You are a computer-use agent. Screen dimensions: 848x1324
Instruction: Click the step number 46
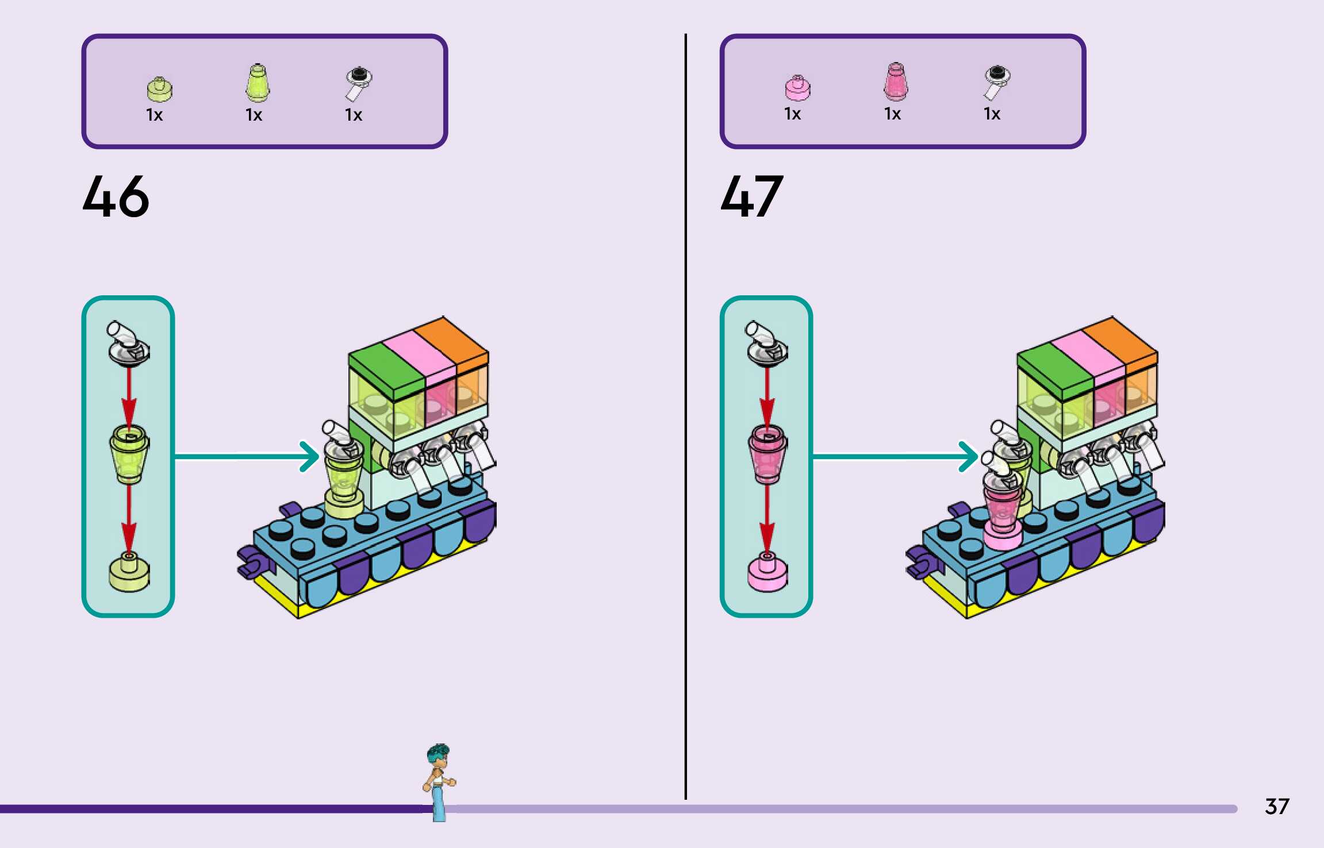(116, 196)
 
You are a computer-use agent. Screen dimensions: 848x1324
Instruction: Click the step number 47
(751, 196)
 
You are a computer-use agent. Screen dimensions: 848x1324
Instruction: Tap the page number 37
(1276, 806)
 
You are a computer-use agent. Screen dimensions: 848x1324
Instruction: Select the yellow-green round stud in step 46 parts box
(159, 89)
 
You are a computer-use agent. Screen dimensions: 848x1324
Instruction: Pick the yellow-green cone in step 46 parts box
(257, 83)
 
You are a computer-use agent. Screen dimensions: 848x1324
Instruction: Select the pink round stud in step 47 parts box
(797, 88)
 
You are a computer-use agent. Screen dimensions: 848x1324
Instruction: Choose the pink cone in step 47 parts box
(895, 82)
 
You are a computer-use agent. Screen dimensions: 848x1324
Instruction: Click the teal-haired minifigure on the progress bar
(439, 781)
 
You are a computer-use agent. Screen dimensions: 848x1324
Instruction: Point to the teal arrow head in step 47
(970, 457)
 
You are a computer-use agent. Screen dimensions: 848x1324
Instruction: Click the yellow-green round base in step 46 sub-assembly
(129, 572)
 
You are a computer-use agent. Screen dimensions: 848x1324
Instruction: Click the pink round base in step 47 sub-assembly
(767, 572)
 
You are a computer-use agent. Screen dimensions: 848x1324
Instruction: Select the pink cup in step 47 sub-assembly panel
(767, 454)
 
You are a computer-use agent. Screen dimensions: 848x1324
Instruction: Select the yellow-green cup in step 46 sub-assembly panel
(129, 454)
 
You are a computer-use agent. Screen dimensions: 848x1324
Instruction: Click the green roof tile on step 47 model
(1053, 371)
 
